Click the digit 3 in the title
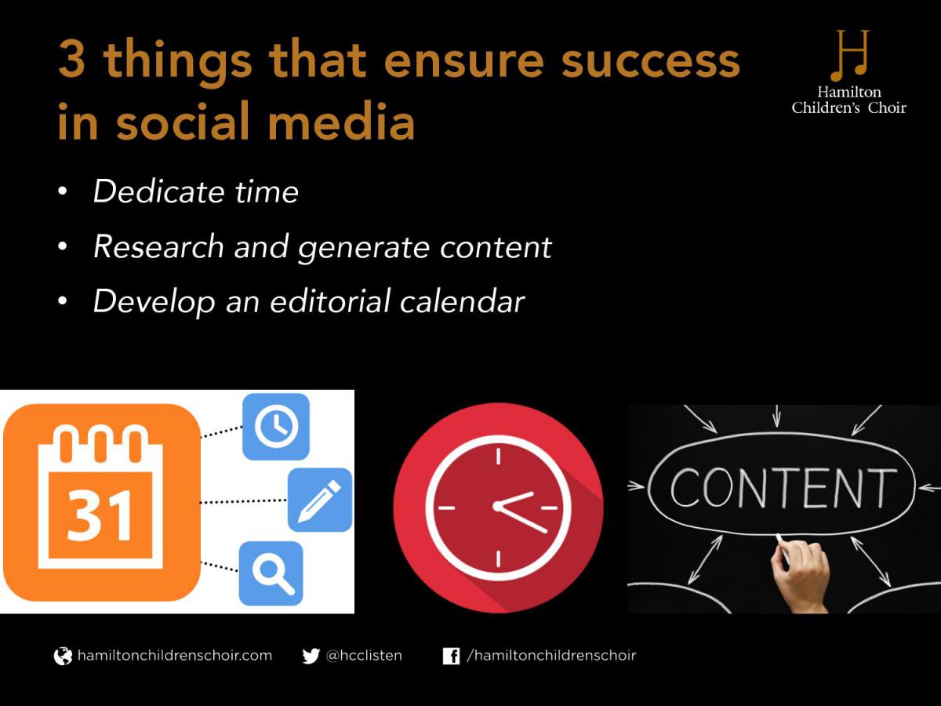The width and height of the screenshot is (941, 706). pos(71,59)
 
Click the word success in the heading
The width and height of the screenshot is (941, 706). pos(650,61)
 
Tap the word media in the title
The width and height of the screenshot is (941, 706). pos(341,121)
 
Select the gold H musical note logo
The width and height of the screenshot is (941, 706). pos(849,55)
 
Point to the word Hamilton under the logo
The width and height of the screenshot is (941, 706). pos(848,92)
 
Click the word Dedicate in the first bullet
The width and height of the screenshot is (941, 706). pos(158,191)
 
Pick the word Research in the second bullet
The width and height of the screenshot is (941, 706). pos(158,246)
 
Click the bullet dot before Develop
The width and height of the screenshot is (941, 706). pos(63,301)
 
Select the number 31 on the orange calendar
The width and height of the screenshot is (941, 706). pos(100,516)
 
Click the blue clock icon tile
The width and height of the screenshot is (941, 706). pos(276,427)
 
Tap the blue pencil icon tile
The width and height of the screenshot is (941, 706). pos(320,500)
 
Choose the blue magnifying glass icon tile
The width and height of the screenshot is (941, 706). pos(271,573)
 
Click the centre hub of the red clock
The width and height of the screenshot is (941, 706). pos(498,507)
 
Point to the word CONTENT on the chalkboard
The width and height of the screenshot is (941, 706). pos(783,488)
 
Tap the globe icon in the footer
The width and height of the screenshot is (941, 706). pos(63,656)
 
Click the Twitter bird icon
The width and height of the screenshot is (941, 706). pos(311,656)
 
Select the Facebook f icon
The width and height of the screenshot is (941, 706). pos(451,656)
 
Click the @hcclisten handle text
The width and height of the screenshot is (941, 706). pos(364,656)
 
